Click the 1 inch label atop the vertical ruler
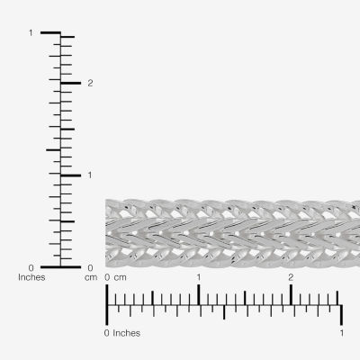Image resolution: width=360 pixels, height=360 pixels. (x=31, y=32)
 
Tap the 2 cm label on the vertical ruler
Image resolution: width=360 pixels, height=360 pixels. (x=90, y=83)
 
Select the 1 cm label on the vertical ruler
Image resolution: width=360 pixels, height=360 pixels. (x=89, y=175)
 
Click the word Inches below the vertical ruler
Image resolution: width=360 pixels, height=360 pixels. (x=31, y=277)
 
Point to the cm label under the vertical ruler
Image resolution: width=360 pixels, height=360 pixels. (x=91, y=277)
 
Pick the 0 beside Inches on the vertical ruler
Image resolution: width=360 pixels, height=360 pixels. (x=31, y=267)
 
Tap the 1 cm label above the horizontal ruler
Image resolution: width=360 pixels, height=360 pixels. (x=199, y=277)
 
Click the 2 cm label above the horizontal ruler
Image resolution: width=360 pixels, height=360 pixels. (x=291, y=277)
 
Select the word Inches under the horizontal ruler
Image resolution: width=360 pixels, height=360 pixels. (x=126, y=333)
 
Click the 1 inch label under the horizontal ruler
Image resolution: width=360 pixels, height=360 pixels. (x=342, y=333)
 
